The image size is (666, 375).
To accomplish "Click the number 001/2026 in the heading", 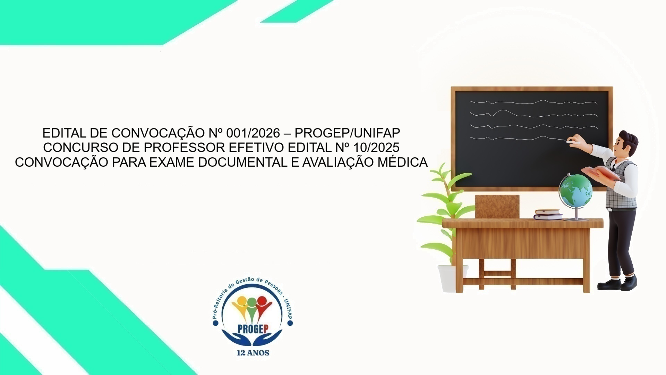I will [x=253, y=133].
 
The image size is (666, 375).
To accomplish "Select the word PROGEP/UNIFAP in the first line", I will [x=347, y=133].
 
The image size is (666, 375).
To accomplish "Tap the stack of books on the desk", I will [x=548, y=214].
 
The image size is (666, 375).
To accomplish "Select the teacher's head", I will [x=626, y=143].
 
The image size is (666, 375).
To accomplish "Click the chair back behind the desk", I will [x=497, y=207].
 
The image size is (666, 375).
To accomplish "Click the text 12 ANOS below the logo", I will [x=253, y=353].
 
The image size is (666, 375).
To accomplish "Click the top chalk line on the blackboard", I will [x=533, y=102].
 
